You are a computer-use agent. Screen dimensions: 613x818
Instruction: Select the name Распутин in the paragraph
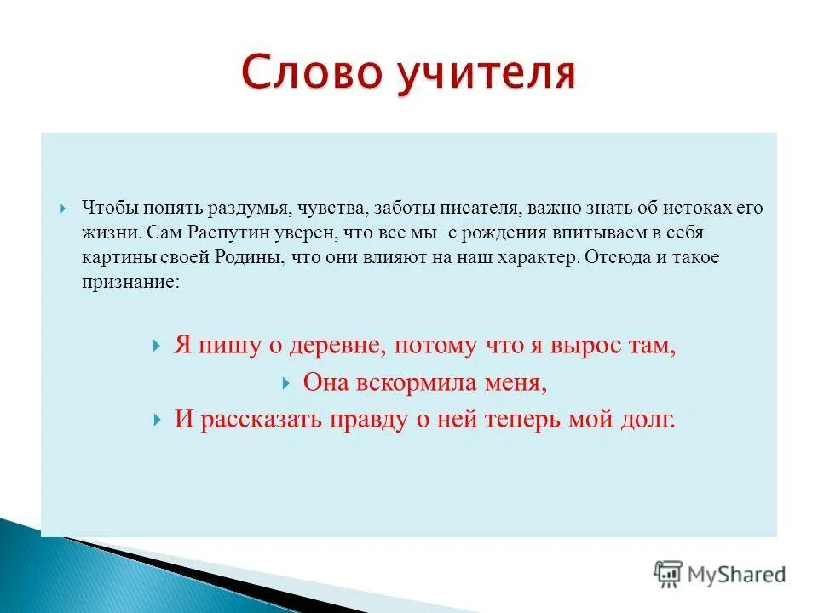point(216,232)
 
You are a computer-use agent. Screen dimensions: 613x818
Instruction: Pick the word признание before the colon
point(129,283)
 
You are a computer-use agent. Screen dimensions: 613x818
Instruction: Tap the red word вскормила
point(403,383)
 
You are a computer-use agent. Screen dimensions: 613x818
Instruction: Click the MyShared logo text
point(736,575)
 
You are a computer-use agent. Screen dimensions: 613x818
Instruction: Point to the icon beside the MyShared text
point(667,574)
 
